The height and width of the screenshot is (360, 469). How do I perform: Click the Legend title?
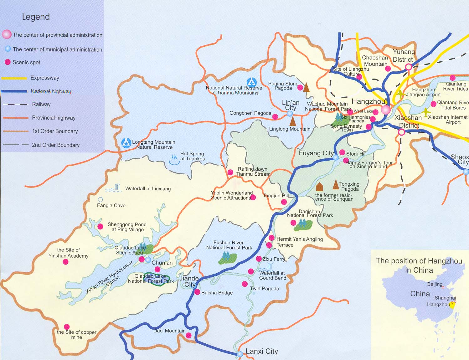point(36,17)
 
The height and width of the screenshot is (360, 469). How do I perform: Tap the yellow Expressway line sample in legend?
point(14,78)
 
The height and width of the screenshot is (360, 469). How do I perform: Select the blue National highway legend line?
point(14,91)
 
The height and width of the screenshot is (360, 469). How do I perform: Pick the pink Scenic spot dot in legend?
point(8,62)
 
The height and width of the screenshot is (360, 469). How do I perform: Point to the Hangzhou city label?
point(368,101)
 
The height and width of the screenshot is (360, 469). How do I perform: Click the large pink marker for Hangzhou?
point(386,110)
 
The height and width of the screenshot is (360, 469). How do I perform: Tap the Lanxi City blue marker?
point(240,354)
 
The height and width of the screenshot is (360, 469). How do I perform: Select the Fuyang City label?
point(316,153)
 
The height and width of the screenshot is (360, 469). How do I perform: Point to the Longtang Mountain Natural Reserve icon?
point(126,143)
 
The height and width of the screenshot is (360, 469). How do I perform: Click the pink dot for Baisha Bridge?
point(197,292)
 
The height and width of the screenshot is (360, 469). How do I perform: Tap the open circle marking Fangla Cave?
point(100,199)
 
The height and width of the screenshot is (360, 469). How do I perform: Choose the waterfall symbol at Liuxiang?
point(115,188)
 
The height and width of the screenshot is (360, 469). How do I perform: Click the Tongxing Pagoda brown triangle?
point(336,185)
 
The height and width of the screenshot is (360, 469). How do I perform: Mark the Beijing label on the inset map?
point(435,284)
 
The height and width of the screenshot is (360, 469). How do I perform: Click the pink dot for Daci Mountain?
point(188,336)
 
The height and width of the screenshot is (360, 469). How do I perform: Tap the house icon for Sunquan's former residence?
point(319,187)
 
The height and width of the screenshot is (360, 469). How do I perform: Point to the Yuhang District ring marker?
point(409,67)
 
